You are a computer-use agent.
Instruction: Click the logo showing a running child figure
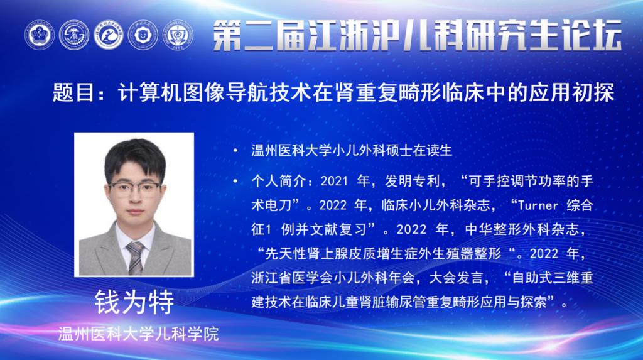108,35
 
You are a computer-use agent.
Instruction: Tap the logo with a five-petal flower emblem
40,35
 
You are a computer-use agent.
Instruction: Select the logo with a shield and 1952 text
178,35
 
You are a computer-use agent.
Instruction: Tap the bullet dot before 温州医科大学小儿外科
235,151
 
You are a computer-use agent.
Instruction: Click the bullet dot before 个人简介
235,181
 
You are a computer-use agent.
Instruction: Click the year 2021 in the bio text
334,181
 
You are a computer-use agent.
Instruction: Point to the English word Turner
538,205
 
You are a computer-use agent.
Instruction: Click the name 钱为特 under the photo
134,303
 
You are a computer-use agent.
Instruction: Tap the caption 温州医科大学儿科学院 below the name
138,334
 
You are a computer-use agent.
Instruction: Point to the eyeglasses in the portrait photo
135,189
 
